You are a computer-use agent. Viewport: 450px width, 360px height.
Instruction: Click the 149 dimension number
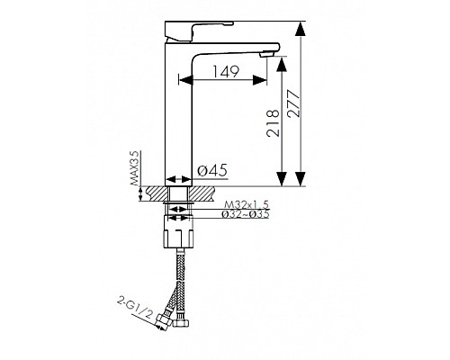pos(226,72)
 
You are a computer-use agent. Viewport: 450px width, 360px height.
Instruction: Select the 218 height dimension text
pos(273,123)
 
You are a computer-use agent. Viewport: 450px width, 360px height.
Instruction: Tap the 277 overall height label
pos(293,103)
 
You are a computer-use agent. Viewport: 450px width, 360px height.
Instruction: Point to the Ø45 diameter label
pos(212,170)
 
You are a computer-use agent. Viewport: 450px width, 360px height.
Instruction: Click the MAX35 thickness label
pos(134,167)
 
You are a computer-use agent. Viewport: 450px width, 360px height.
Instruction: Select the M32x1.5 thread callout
pos(247,205)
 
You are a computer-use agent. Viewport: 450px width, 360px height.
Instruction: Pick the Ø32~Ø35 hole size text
pos(246,214)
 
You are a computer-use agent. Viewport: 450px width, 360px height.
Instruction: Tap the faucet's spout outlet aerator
pos(266,54)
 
